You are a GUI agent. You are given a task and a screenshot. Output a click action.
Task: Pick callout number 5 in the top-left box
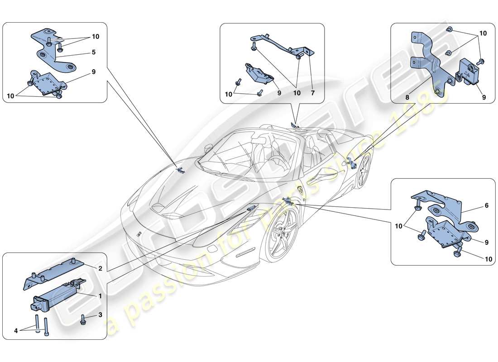click(x=93, y=52)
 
